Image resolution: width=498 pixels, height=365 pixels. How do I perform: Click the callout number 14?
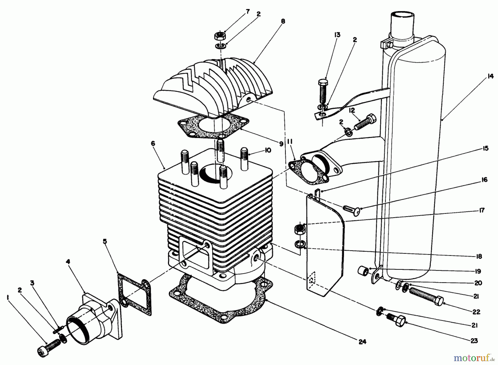[x=490, y=76]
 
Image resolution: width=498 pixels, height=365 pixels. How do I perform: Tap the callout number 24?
[x=362, y=342]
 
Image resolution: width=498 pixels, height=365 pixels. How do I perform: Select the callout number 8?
[x=282, y=21]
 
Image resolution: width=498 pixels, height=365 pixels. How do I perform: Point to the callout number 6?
[x=153, y=143]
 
